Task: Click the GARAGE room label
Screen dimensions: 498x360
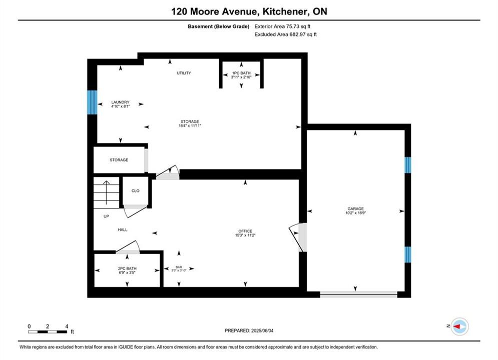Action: (355, 208)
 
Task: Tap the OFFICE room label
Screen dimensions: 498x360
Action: (245, 231)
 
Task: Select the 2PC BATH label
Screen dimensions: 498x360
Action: (127, 268)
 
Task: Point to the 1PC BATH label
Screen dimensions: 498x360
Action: (241, 73)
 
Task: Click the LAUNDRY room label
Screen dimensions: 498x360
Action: (121, 102)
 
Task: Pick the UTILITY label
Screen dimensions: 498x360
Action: (184, 73)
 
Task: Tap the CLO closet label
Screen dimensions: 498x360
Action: (135, 190)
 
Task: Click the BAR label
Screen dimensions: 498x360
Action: (179, 267)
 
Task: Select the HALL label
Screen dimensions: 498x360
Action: (123, 229)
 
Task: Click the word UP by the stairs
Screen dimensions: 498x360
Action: (106, 216)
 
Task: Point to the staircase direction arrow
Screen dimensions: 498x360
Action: (107, 192)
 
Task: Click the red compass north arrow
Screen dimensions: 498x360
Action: (457, 326)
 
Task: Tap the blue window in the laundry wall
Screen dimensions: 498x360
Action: (92, 102)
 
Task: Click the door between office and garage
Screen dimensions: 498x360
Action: (298, 237)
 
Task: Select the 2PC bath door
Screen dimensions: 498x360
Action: (128, 247)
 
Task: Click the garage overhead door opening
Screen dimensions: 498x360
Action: (358, 294)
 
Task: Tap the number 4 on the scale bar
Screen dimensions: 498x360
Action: (67, 326)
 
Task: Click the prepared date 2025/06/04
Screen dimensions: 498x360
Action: (262, 330)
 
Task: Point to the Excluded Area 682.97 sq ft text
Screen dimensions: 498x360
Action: (285, 34)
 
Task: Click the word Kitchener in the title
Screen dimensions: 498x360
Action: (285, 11)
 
